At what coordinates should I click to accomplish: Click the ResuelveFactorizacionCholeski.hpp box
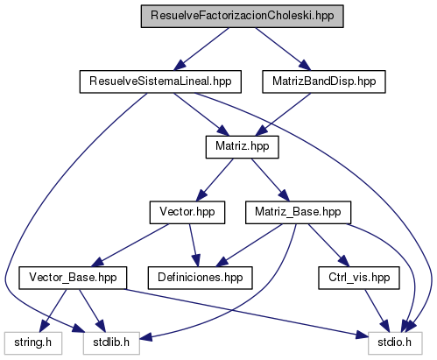(242, 17)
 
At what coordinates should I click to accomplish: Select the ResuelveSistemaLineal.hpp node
(160, 81)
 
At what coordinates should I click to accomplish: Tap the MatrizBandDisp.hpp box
(324, 81)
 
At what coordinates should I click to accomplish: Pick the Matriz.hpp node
(242, 147)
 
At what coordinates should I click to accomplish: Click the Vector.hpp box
(187, 213)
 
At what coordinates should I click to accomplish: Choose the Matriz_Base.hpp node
(298, 213)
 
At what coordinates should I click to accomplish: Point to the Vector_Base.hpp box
(73, 278)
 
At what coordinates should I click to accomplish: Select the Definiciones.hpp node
(200, 278)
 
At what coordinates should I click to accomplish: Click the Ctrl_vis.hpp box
(359, 278)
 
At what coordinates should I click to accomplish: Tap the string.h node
(33, 343)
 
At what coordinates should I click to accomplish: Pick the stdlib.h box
(111, 343)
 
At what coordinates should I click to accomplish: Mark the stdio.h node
(395, 343)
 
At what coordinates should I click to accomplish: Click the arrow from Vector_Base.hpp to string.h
(53, 310)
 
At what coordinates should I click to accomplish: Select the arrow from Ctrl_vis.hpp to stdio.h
(377, 310)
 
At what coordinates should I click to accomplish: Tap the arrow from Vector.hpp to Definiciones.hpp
(194, 245)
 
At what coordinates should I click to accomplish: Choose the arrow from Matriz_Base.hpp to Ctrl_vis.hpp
(328, 245)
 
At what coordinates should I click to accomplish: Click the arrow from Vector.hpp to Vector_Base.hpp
(130, 245)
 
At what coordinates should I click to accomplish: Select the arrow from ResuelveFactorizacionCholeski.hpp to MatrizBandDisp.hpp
(283, 49)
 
